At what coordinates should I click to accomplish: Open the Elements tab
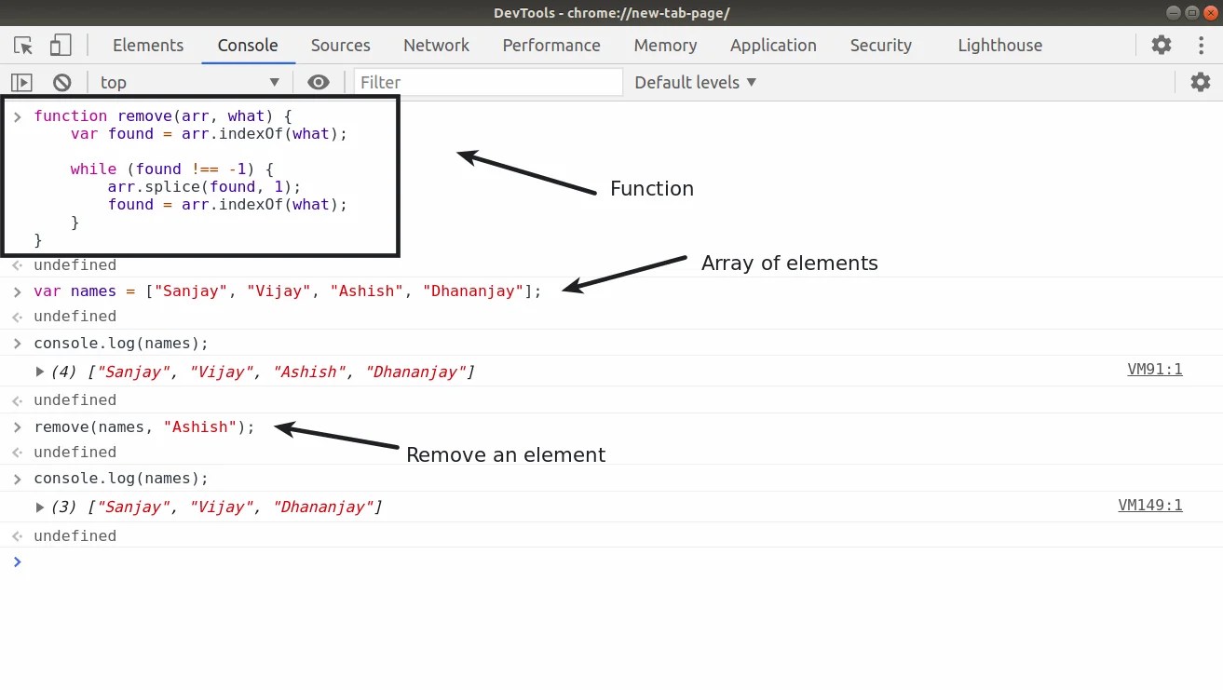coord(148,46)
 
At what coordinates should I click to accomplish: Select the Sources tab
coord(341,46)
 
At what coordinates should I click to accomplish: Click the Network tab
coord(436,46)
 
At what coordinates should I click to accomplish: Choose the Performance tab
coord(551,46)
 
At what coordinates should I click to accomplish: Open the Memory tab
coord(666,46)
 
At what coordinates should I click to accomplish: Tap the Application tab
coord(773,46)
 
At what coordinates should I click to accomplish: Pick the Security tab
coord(880,46)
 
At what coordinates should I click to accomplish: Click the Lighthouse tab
coord(1000,46)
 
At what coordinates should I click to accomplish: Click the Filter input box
coord(488,83)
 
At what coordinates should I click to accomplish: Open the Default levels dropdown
coord(695,83)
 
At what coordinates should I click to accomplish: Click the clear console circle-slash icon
coord(62,83)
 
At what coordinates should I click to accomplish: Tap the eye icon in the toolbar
coord(319,83)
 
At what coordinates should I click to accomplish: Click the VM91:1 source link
coord(1155,370)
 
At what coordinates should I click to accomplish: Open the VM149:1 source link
coord(1150,506)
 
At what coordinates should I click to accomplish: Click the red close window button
coord(1211,12)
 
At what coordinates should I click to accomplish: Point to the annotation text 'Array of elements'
coord(790,264)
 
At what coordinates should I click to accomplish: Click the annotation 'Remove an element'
coord(506,454)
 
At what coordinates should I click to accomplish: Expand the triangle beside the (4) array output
coord(39,372)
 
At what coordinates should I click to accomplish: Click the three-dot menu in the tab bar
coord(1202,46)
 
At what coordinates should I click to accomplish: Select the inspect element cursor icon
coord(23,46)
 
